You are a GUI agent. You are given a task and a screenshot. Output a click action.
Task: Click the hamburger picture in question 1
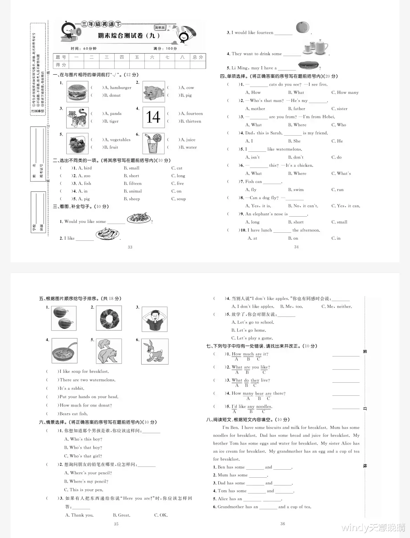point(77,91)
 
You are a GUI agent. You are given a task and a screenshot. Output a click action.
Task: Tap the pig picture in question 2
point(153,91)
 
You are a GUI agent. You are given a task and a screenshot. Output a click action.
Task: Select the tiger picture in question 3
point(77,117)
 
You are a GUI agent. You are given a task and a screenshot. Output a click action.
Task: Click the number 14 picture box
point(153,117)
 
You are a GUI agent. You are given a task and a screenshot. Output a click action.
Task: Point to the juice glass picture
point(153,143)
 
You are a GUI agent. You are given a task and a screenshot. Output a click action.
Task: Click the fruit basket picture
point(77,143)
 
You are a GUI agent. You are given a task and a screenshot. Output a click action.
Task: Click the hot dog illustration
point(308,65)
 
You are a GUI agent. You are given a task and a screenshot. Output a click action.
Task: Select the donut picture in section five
point(109,318)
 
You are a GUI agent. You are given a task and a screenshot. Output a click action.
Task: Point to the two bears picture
point(109,351)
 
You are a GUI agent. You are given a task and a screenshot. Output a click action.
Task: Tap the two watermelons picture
point(64,318)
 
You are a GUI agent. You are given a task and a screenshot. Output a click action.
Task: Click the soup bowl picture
point(64,351)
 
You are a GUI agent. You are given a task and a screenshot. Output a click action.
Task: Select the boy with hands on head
point(155,319)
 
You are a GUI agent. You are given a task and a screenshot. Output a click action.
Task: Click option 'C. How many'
point(345,93)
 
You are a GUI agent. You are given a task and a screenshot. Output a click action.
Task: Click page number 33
point(130,247)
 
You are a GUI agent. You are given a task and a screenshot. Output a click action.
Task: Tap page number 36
point(283,524)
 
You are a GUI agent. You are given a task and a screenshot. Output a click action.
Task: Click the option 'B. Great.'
point(122,515)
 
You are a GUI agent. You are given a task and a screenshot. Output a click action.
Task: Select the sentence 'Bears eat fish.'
point(74,414)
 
